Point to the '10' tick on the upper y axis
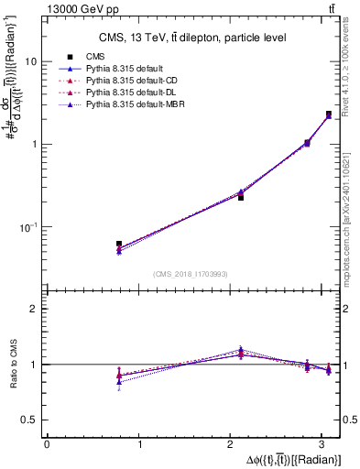(30, 61)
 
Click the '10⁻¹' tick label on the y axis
(28, 226)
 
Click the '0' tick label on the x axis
(47, 444)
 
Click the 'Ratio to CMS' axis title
(11, 364)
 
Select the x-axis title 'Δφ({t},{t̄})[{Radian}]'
(283, 459)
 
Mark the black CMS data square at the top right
(329, 115)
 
